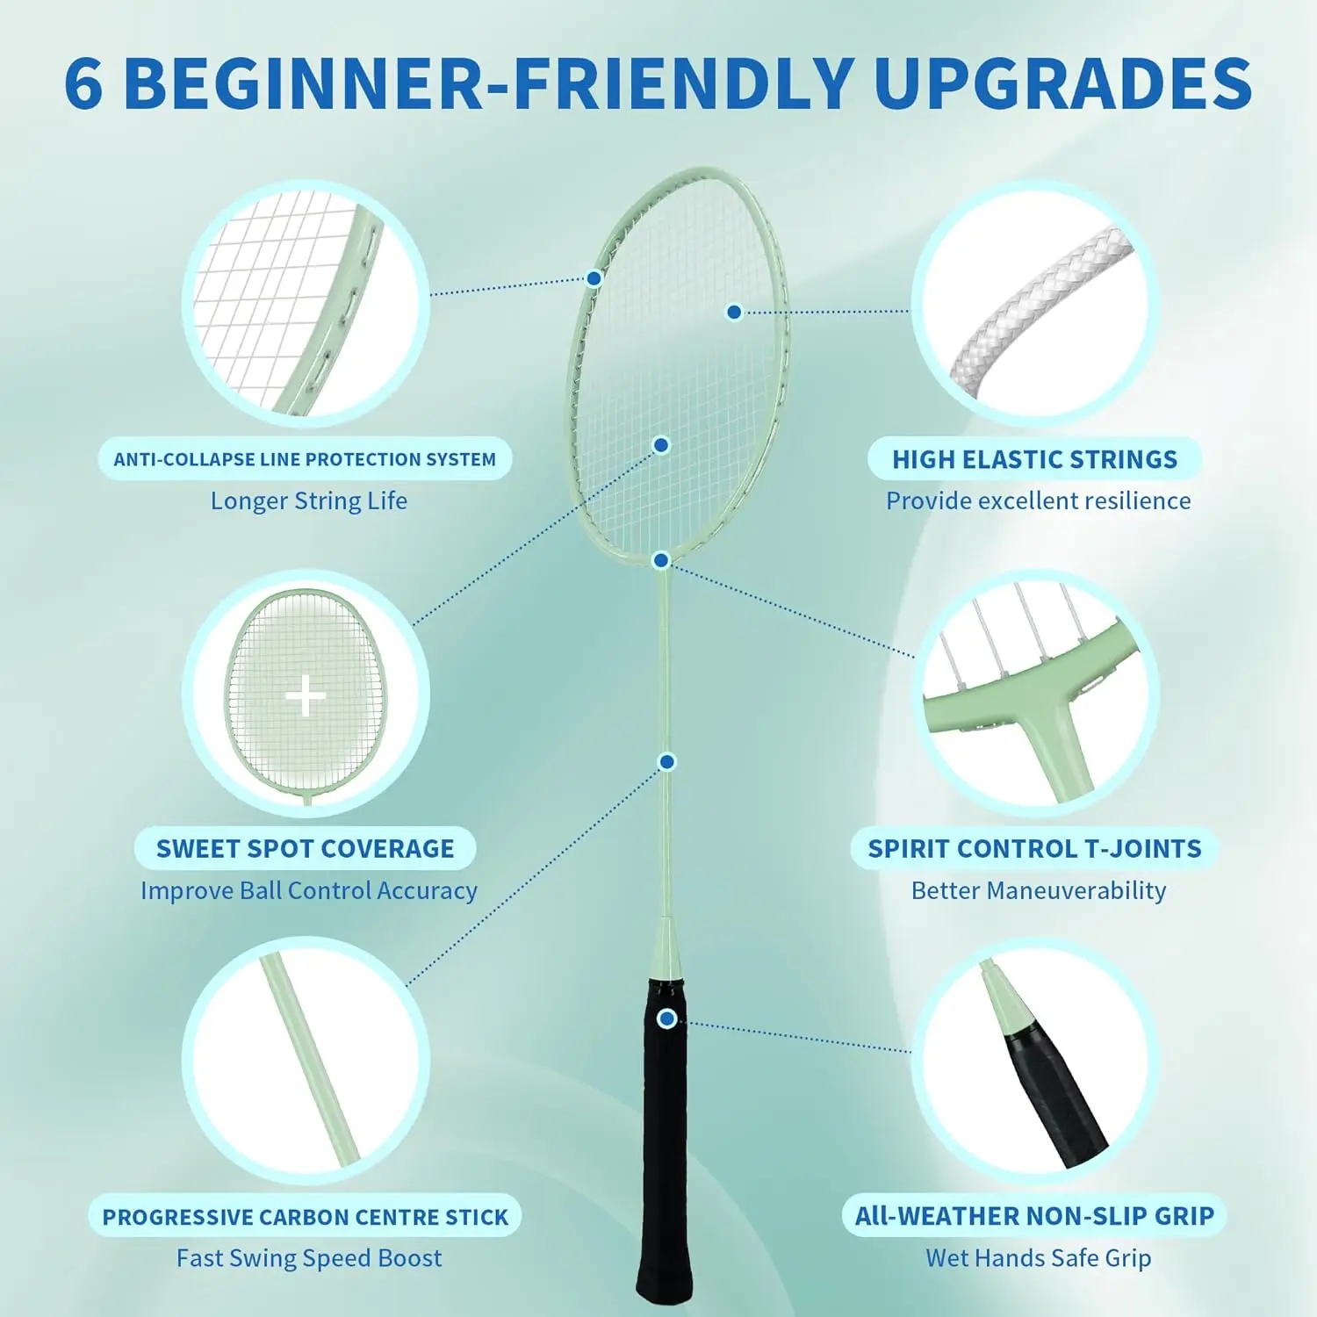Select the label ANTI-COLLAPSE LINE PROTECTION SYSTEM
click(x=305, y=459)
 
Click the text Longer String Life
click(x=309, y=500)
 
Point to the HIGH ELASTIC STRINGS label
click(x=1034, y=459)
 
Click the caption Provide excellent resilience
click(x=1038, y=500)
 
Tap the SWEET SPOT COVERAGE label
click(x=305, y=848)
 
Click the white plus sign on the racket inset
click(x=306, y=697)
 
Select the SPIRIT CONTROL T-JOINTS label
click(x=1034, y=848)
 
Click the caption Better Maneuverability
click(x=1038, y=890)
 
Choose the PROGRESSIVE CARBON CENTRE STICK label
click(x=305, y=1217)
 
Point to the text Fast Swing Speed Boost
click(x=309, y=1258)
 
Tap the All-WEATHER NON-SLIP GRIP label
click(x=1034, y=1216)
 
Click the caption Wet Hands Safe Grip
click(x=1038, y=1258)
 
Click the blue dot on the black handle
click(x=667, y=1018)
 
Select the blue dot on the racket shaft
click(x=667, y=761)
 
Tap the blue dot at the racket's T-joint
click(x=662, y=560)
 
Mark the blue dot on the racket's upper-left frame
click(x=594, y=278)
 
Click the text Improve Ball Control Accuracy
click(x=309, y=890)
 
